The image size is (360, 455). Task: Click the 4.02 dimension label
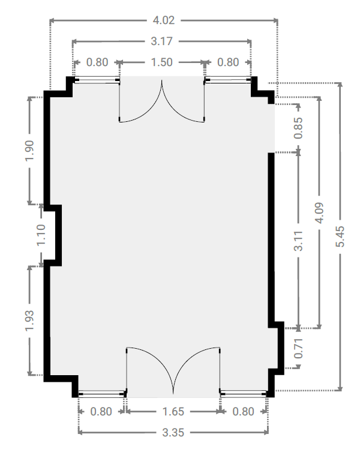point(164,20)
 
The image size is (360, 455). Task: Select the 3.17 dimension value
point(161,41)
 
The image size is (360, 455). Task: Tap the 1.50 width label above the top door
point(161,62)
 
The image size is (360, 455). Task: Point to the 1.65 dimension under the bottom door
point(173,411)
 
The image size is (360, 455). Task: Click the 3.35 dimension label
point(173,432)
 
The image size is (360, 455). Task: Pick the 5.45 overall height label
point(340,237)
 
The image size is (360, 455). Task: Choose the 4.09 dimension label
point(319,213)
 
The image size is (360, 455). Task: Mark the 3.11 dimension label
point(298,241)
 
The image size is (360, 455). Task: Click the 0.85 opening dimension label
point(298,128)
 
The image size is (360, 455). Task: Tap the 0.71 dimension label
point(298,348)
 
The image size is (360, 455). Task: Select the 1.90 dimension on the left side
point(29,151)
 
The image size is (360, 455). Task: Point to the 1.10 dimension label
point(41,235)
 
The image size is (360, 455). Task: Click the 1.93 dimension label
point(29,321)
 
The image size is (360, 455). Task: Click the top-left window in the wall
point(96,80)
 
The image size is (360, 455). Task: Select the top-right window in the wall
point(228,80)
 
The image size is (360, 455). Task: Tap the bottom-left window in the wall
point(101,394)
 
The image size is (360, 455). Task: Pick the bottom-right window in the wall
point(244,394)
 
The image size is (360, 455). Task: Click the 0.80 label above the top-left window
point(97,62)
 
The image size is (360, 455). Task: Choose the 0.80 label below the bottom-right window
point(244,411)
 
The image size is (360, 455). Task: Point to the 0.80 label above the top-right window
point(228,62)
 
